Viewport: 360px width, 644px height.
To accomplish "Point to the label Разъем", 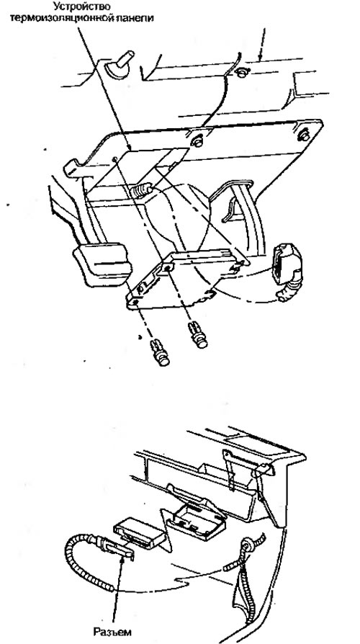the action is point(112,632).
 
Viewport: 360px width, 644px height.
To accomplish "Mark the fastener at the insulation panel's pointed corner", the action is point(304,133).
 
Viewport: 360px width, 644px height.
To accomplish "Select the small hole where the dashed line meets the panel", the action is point(114,158).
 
